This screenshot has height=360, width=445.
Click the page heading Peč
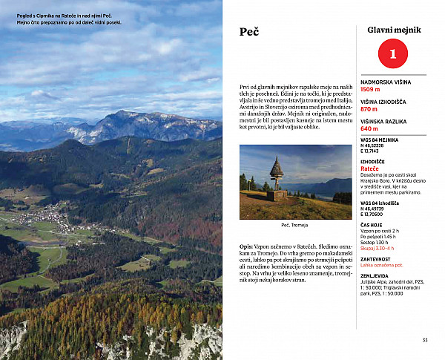pos(248,32)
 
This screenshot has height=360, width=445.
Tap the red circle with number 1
pos(393,54)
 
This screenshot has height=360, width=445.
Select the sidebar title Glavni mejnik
pos(394,30)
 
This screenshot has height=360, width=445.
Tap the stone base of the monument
pos(277,196)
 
